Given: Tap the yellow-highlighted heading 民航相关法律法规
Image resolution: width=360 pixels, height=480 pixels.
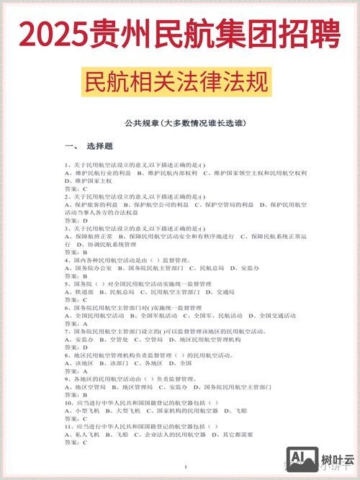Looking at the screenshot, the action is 179,81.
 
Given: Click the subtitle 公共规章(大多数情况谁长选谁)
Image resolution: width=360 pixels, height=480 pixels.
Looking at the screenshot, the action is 180,123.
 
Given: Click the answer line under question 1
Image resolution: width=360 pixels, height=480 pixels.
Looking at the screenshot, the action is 76,189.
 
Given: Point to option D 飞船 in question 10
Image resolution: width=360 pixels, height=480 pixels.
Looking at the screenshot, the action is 234,411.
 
